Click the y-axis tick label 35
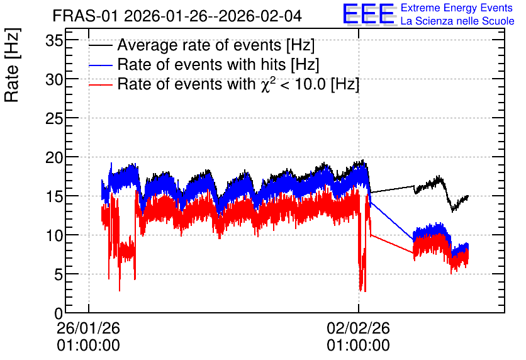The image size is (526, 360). point(54,41)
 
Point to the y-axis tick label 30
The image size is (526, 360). point(54,80)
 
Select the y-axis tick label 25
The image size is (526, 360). point(54,119)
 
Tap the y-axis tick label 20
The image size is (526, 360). point(54,158)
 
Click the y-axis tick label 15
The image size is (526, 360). point(54,196)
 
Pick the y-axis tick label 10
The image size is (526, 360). point(54,235)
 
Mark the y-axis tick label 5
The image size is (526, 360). point(59,275)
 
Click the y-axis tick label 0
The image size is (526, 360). point(59,313)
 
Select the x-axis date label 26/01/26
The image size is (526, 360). point(88,328)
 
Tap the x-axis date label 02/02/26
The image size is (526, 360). point(358,328)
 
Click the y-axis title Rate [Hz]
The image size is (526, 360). point(12,65)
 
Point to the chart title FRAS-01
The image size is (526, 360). point(86,16)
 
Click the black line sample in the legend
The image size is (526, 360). point(101,45)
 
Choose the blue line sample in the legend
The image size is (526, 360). point(101,65)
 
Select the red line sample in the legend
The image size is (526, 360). point(101,85)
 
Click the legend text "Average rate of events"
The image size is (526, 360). point(199,45)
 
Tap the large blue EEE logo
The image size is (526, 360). point(369,14)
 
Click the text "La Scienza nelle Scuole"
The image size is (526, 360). point(457,21)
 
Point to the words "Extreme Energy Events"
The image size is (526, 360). point(457,8)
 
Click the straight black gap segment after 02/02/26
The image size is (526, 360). point(392,189)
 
